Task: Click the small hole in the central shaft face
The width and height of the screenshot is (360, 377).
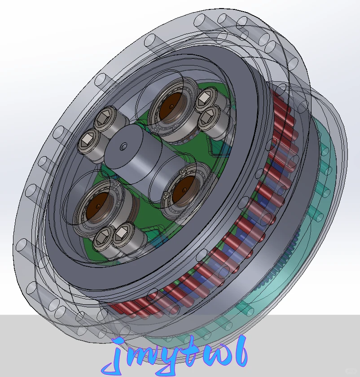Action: pyautogui.click(x=123, y=146)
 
